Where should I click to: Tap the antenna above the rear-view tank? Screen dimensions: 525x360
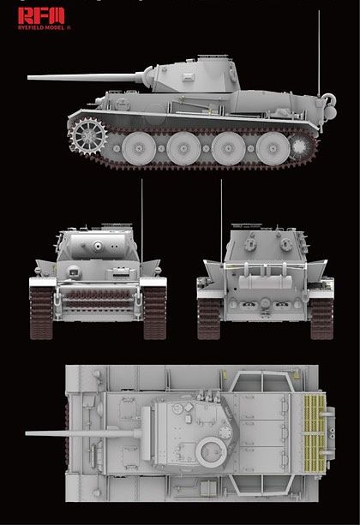click(221, 201)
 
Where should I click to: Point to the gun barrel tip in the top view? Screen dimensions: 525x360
click(41, 433)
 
